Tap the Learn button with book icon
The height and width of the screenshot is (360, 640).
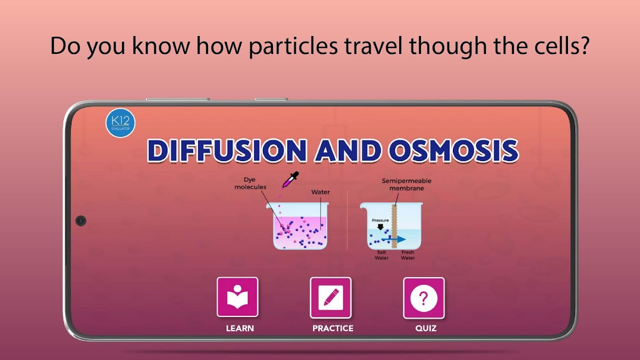238,297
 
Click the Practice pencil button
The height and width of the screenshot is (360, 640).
330,298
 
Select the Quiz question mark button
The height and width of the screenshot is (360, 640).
424,298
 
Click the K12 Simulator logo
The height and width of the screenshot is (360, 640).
120,123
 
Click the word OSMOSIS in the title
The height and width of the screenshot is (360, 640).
453,151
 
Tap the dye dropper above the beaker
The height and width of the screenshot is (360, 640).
290,180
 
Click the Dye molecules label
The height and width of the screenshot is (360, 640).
250,183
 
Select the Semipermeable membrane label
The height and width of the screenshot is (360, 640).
406,184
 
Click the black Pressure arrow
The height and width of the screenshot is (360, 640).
380,227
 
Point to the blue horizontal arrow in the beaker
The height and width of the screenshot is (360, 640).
394,239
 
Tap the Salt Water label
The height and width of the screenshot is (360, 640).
381,255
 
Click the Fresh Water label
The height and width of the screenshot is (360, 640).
408,255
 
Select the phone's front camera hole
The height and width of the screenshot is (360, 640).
81,221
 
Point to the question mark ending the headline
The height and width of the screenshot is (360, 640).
584,45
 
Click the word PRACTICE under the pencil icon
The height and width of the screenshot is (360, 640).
333,328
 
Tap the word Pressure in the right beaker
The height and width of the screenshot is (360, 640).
380,220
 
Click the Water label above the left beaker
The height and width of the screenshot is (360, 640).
320,192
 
